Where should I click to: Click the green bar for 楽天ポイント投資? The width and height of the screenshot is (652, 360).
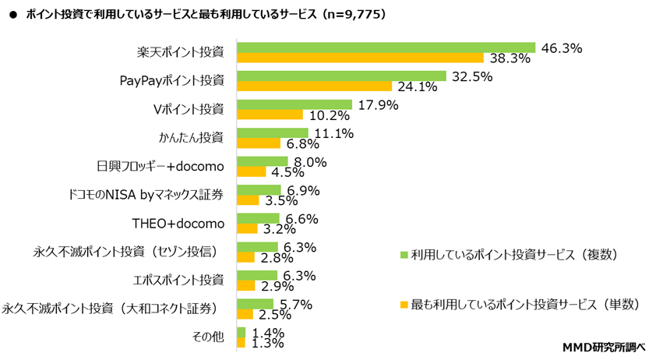click(386, 48)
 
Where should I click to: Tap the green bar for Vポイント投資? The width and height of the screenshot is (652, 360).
click(294, 104)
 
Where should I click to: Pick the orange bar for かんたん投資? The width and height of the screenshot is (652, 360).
click(258, 143)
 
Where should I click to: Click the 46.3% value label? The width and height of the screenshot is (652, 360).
click(561, 48)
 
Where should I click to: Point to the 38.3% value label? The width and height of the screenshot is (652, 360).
click(509, 58)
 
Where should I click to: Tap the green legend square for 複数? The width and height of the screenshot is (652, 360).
click(404, 253)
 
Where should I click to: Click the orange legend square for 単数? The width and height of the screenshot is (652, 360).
click(404, 302)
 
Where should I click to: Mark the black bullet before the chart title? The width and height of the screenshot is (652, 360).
click(12, 15)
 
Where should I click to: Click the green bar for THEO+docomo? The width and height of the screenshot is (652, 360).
click(258, 218)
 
